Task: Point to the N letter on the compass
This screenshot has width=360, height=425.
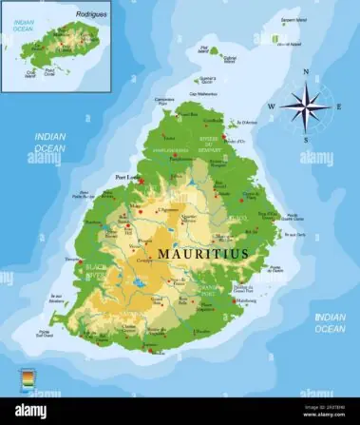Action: (305, 71)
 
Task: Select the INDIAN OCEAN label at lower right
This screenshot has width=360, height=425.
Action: (330, 323)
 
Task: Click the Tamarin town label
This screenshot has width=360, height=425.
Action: (72, 259)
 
